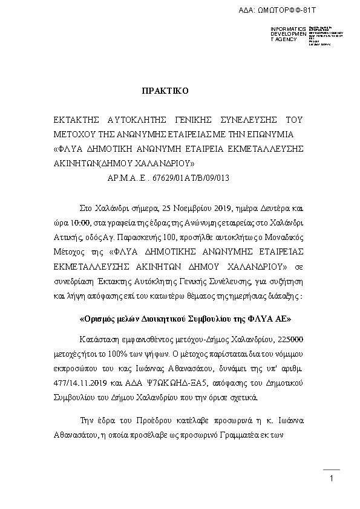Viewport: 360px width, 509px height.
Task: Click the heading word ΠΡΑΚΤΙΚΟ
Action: coord(165,91)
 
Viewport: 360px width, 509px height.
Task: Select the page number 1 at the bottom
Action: coord(332,479)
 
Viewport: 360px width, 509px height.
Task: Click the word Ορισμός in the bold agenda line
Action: coord(100,318)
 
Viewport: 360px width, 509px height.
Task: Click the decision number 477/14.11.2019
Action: coord(80,384)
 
